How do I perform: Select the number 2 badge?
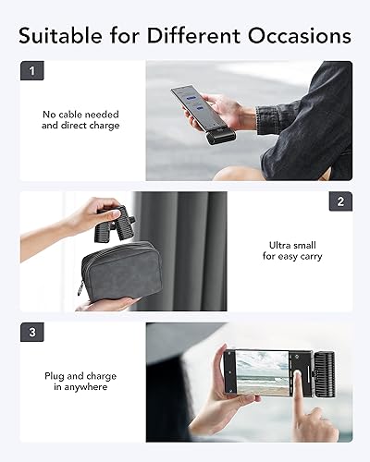(x=340, y=201)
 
